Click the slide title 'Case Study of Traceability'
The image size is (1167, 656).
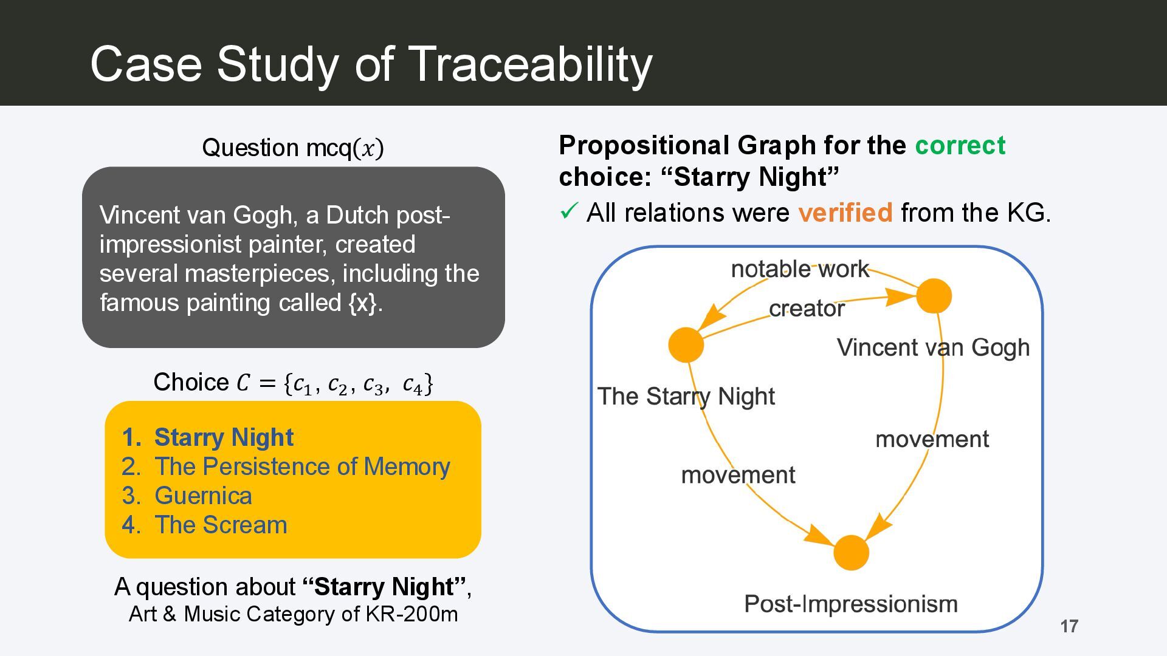click(x=371, y=64)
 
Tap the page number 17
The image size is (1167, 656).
click(x=1070, y=626)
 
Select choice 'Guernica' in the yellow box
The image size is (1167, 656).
click(x=203, y=496)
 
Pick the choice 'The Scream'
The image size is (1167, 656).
click(x=221, y=525)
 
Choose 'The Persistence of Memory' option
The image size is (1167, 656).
click(x=302, y=466)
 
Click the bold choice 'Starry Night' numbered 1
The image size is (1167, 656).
click(x=224, y=437)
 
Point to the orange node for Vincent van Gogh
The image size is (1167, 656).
click(x=934, y=296)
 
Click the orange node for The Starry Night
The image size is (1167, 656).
click(x=686, y=345)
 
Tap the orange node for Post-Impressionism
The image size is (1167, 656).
click(x=851, y=553)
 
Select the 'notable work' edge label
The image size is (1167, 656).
click(x=800, y=269)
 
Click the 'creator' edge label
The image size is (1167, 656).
click(x=807, y=309)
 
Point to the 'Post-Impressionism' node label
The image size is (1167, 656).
click(x=851, y=604)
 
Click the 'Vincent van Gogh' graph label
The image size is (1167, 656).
click(x=934, y=347)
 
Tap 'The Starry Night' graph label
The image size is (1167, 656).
click(x=686, y=396)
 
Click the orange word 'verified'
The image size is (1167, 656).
click(x=845, y=213)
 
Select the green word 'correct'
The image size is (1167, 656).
click(x=960, y=145)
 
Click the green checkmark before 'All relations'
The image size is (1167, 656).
click(x=568, y=211)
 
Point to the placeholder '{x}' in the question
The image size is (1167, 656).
click(x=362, y=302)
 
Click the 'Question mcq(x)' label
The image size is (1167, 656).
click(x=293, y=148)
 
